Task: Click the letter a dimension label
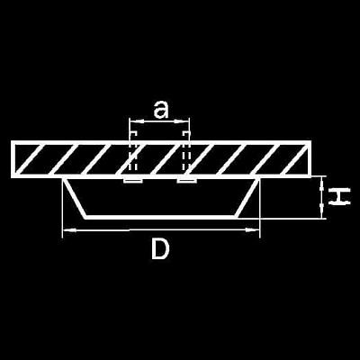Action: coord(160,110)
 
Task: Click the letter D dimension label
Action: coord(160,248)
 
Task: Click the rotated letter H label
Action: coord(339,196)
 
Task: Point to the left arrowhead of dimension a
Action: coord(136,121)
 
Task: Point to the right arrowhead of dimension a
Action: coord(183,121)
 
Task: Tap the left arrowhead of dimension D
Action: coord(69,230)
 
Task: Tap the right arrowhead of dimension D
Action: coord(252,230)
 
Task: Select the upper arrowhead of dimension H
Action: coord(322,183)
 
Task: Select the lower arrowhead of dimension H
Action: coord(322,212)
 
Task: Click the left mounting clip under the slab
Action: coord(133,180)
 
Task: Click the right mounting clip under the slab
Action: coord(186,180)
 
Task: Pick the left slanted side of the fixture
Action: coord(75,197)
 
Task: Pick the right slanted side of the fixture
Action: coord(247,197)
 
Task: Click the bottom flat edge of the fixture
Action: coord(161,217)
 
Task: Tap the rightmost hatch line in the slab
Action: coord(295,159)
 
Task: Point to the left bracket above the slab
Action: coord(133,134)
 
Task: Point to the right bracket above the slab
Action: coord(186,134)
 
